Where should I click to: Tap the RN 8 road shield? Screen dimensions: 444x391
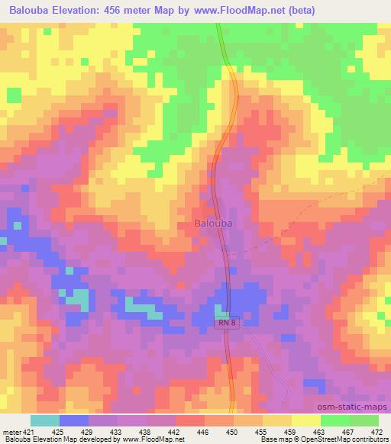tap(227, 323)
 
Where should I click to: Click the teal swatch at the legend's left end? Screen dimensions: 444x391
tap(45, 420)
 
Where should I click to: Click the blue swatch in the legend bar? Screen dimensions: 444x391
tap(74, 420)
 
